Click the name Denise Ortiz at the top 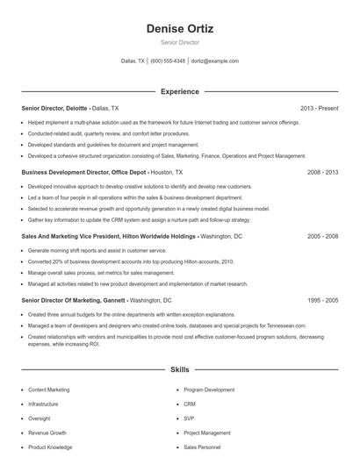[180, 28]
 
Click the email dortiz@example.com [214, 61]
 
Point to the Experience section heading [180, 91]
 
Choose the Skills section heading [180, 371]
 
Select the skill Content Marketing [49, 390]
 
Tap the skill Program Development [209, 390]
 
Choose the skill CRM [190, 404]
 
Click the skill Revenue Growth [47, 433]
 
